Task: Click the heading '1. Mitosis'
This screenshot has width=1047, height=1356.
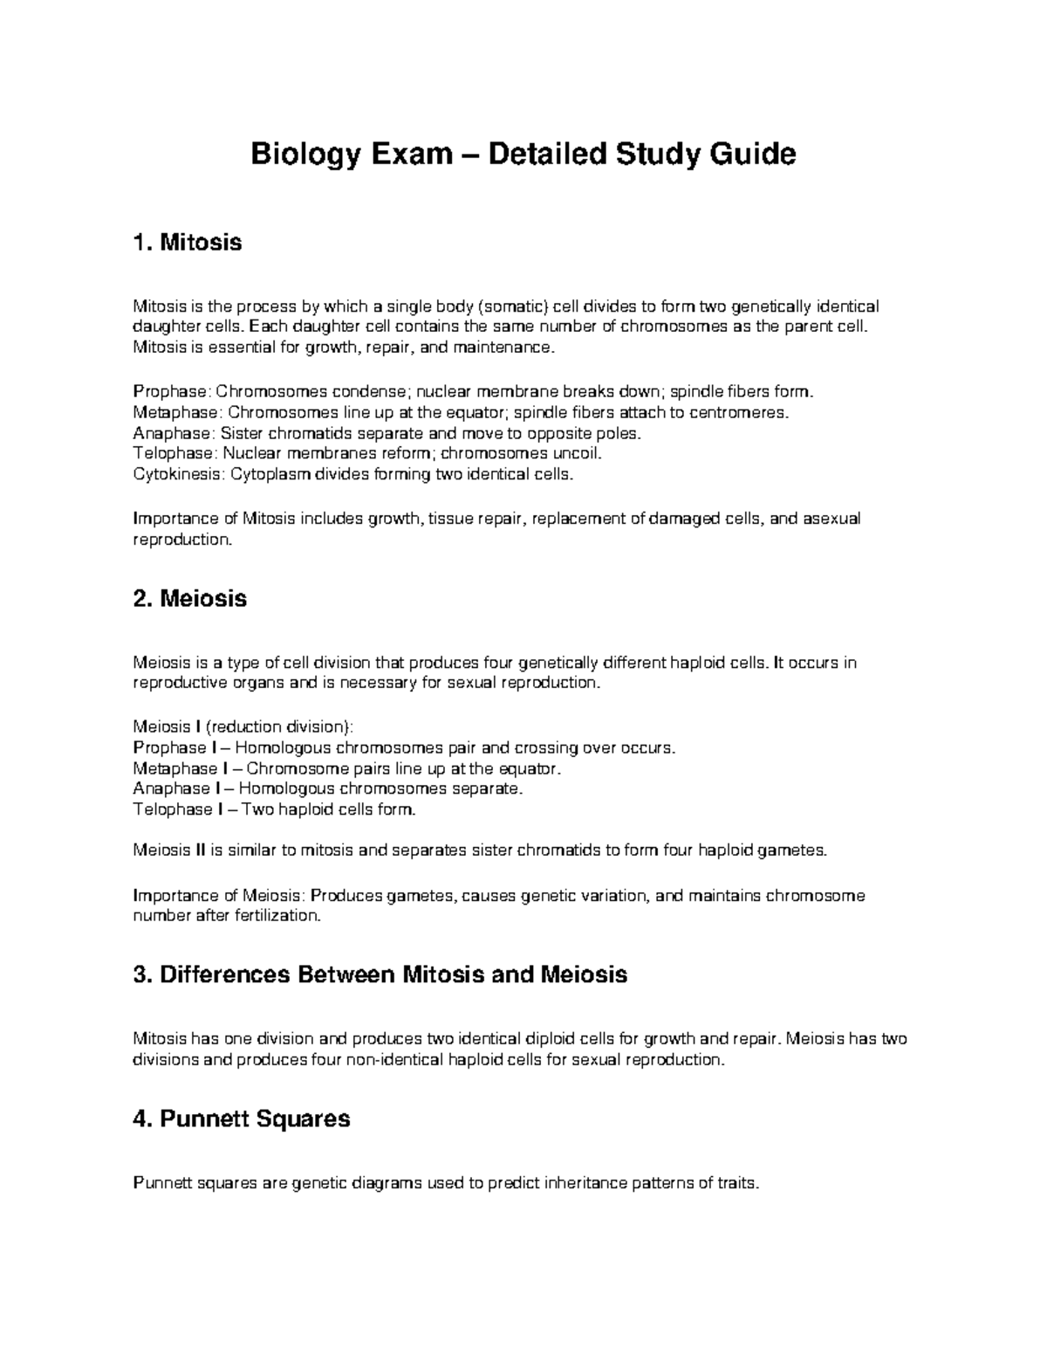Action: click(x=187, y=242)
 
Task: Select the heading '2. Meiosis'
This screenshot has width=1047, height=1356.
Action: click(x=189, y=598)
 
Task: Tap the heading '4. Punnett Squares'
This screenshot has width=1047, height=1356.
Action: click(x=241, y=1119)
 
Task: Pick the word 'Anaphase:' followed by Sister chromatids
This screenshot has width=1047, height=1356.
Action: click(x=174, y=433)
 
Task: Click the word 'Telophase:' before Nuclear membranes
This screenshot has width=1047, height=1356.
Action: click(x=175, y=454)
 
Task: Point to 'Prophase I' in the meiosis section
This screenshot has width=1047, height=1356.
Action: click(x=169, y=747)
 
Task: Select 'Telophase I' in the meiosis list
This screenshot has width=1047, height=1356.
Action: click(x=172, y=809)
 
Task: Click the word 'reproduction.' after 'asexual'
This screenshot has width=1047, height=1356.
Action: click(x=182, y=540)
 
